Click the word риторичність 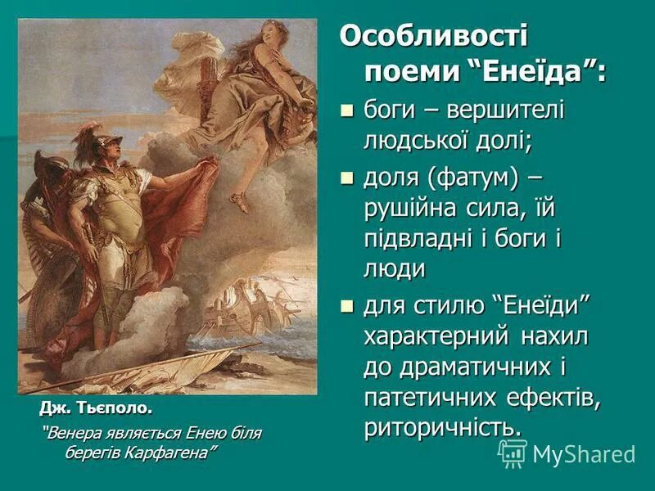coord(441,427)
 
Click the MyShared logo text coord(583,454)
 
